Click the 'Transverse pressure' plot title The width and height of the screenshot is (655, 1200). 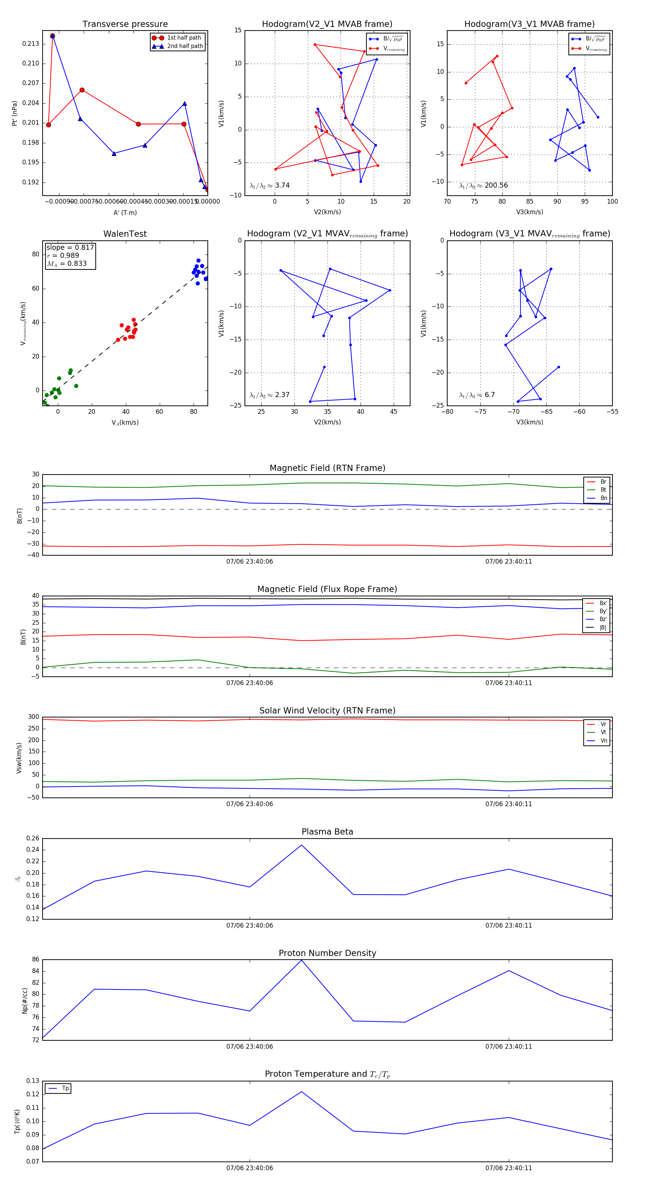pyautogui.click(x=125, y=24)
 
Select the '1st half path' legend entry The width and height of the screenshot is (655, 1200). pyautogui.click(x=184, y=38)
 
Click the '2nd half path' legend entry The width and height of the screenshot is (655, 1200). pyautogui.click(x=184, y=46)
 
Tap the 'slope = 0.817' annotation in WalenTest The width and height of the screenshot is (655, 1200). pyautogui.click(x=70, y=247)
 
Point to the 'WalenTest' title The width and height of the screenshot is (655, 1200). pyautogui.click(x=125, y=234)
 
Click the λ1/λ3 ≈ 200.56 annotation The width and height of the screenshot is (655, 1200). pyautogui.click(x=484, y=185)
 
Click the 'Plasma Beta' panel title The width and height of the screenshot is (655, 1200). pyautogui.click(x=327, y=832)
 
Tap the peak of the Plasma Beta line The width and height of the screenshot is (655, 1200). pyautogui.click(x=302, y=845)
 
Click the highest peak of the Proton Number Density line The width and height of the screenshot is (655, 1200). pyautogui.click(x=302, y=960)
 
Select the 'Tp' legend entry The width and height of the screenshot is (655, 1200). pyautogui.click(x=65, y=1088)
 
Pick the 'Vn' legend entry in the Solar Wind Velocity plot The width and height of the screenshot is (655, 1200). pyautogui.click(x=603, y=741)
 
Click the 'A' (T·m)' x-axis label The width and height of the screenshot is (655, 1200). pyautogui.click(x=125, y=212)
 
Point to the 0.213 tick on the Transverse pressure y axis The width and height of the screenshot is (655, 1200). pyautogui.click(x=31, y=44)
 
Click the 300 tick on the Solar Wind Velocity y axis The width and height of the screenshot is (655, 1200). pyautogui.click(x=33, y=717)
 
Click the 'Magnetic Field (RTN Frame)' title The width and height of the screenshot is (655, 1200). pyautogui.click(x=327, y=468)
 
